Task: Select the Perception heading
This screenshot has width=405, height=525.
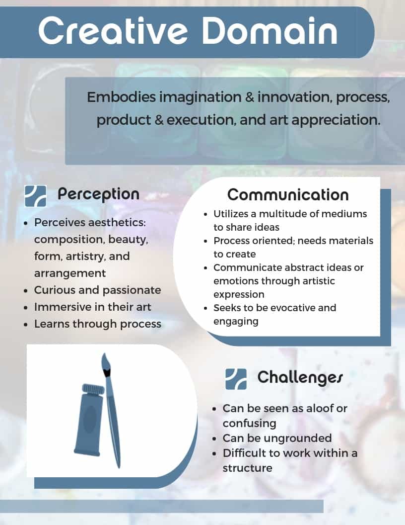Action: (x=98, y=194)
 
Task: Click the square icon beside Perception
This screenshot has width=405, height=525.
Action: (x=35, y=196)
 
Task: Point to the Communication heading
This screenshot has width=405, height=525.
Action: (x=288, y=195)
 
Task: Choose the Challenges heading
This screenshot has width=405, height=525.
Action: (x=300, y=378)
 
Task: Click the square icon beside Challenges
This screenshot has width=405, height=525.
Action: (x=236, y=379)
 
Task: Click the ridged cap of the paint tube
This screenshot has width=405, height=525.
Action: (x=94, y=389)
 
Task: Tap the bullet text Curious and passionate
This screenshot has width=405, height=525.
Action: (x=98, y=290)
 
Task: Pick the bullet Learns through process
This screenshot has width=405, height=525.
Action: (x=98, y=324)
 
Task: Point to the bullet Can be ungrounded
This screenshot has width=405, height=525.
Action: (x=277, y=438)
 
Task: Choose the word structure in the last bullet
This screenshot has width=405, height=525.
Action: (x=248, y=468)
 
